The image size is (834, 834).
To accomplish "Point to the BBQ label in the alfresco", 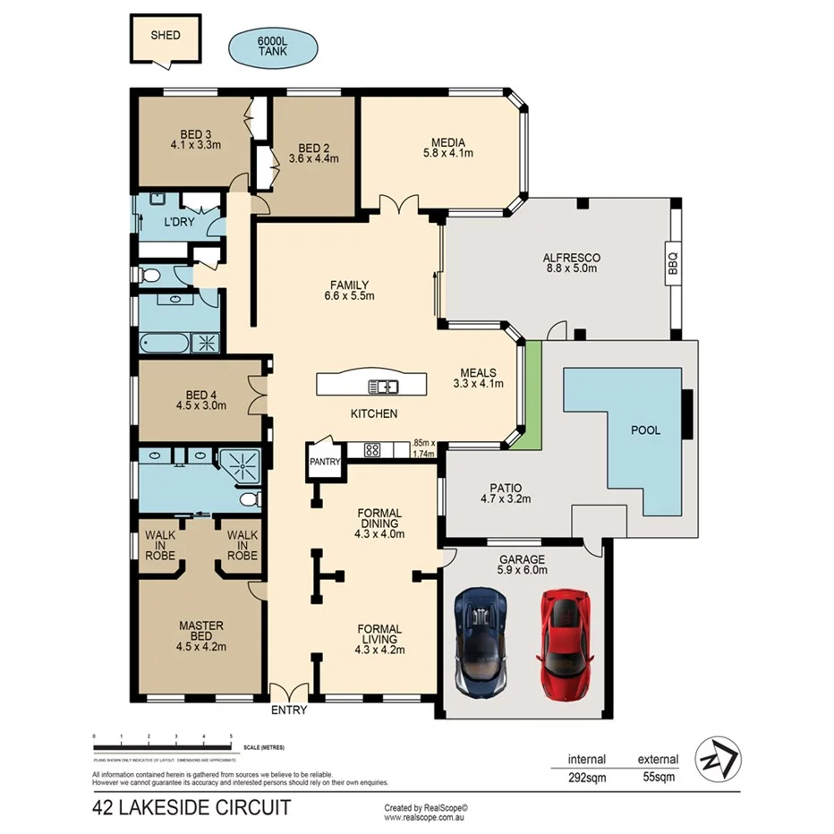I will (673, 264).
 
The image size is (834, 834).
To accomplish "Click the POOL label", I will (645, 430).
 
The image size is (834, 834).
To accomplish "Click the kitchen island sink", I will (385, 387).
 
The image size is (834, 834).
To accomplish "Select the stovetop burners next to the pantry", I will (373, 450).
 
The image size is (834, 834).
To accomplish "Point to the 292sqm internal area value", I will (587, 779).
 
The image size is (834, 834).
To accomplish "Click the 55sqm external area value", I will (658, 779).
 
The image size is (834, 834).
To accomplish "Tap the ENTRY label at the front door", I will (288, 711).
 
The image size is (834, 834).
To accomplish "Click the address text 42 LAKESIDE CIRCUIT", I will (191, 808).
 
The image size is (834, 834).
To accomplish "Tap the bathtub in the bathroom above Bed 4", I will (166, 343).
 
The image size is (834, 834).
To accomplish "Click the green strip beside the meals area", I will (533, 394).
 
